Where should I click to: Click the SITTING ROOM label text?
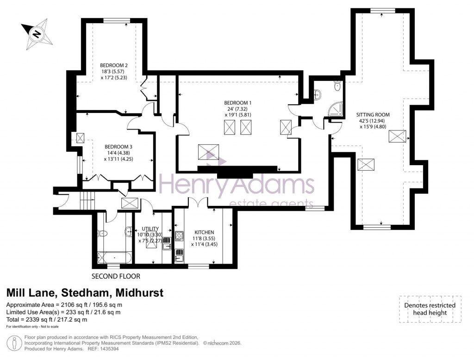[373, 114]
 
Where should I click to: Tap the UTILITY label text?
[150, 229]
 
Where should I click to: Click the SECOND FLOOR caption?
[115, 276]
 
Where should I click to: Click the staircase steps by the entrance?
[87, 201]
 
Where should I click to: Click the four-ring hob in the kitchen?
[179, 235]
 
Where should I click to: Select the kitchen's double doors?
[198, 202]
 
